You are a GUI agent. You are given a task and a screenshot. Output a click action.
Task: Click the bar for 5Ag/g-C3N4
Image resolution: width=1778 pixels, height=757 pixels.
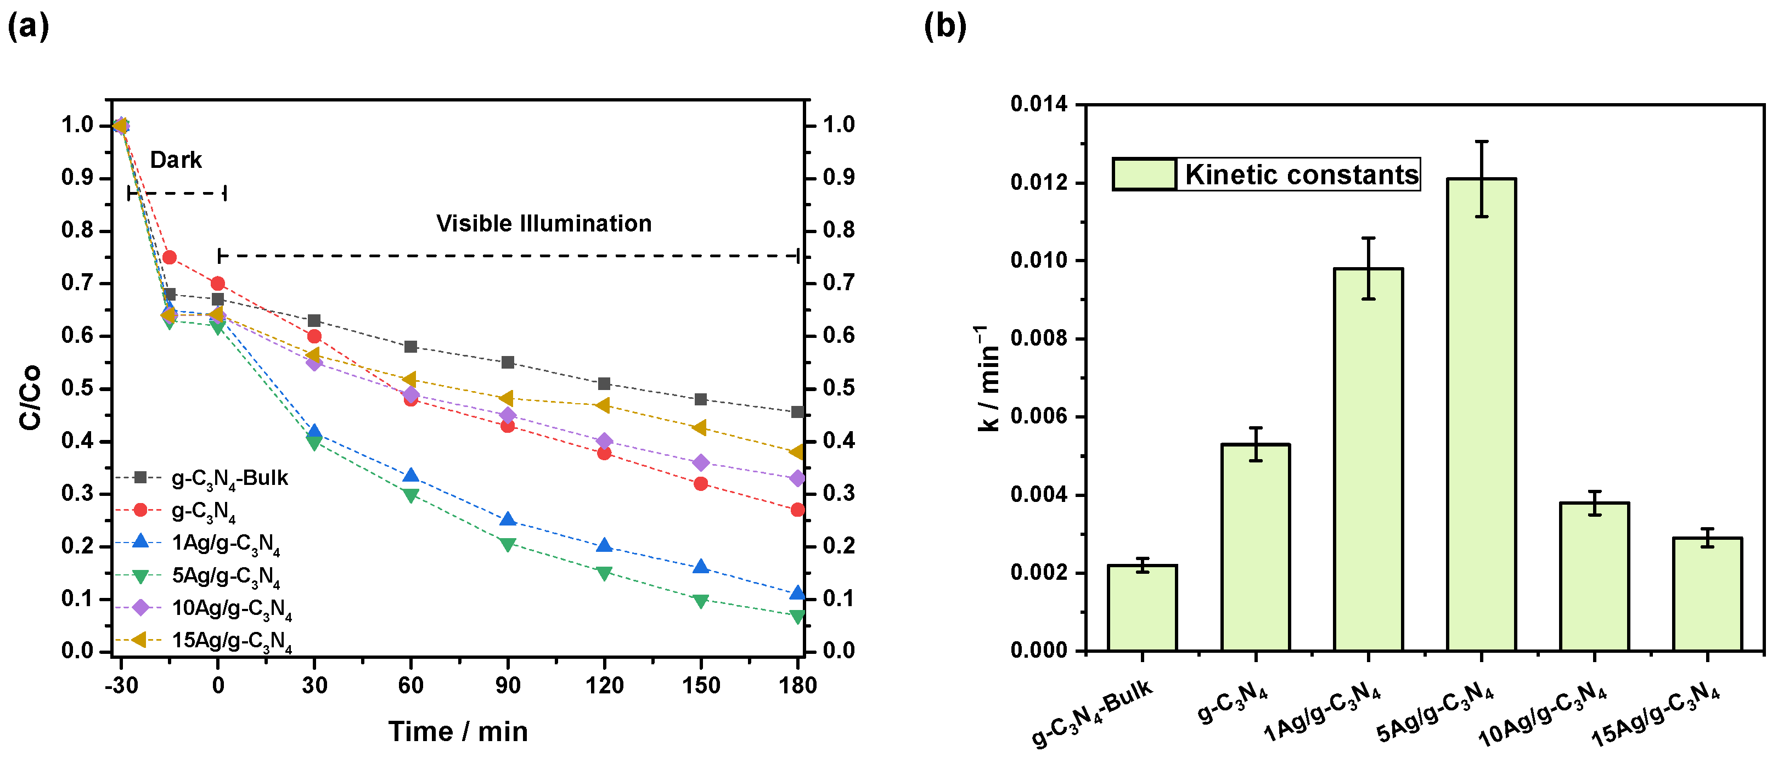click(x=1481, y=414)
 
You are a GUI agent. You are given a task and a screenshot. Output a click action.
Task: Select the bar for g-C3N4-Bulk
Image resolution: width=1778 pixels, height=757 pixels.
click(x=1143, y=607)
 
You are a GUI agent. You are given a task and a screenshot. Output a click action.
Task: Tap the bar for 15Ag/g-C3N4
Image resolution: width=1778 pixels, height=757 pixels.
click(x=1707, y=594)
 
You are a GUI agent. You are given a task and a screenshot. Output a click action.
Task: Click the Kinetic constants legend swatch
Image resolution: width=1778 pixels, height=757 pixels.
click(x=1144, y=174)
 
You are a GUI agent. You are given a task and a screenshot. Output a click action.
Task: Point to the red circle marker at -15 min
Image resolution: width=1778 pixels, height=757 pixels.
click(x=169, y=257)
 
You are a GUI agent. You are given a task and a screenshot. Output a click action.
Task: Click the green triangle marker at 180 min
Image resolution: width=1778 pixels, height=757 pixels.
click(x=797, y=616)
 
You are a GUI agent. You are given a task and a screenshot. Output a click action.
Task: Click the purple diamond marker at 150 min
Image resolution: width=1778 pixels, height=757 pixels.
click(x=701, y=462)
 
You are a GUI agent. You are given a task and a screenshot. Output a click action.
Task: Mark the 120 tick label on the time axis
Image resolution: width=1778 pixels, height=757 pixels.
click(x=604, y=685)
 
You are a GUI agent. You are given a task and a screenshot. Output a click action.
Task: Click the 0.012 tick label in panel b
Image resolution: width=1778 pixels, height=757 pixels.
click(x=1038, y=183)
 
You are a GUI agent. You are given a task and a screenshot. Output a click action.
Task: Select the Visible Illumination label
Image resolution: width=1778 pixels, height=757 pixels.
click(x=544, y=224)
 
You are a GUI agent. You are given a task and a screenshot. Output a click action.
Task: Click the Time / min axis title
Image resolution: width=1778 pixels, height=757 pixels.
click(x=458, y=731)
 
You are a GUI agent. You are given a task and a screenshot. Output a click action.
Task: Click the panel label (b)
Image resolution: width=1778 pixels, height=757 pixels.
click(x=945, y=26)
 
